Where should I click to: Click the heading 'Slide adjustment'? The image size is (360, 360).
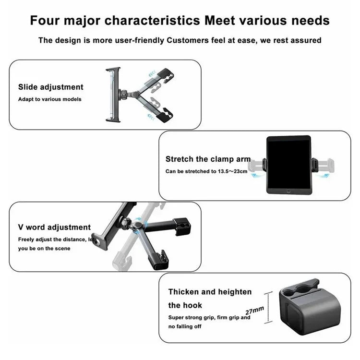point(51,87)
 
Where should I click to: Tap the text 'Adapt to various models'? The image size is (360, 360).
point(50,99)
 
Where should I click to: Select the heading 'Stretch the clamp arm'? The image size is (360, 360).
point(208,158)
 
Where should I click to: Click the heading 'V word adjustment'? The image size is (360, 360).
point(54,227)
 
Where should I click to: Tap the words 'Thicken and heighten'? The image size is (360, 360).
point(210,291)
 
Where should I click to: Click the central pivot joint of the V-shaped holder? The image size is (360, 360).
point(138,226)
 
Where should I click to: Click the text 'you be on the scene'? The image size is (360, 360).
point(44,248)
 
